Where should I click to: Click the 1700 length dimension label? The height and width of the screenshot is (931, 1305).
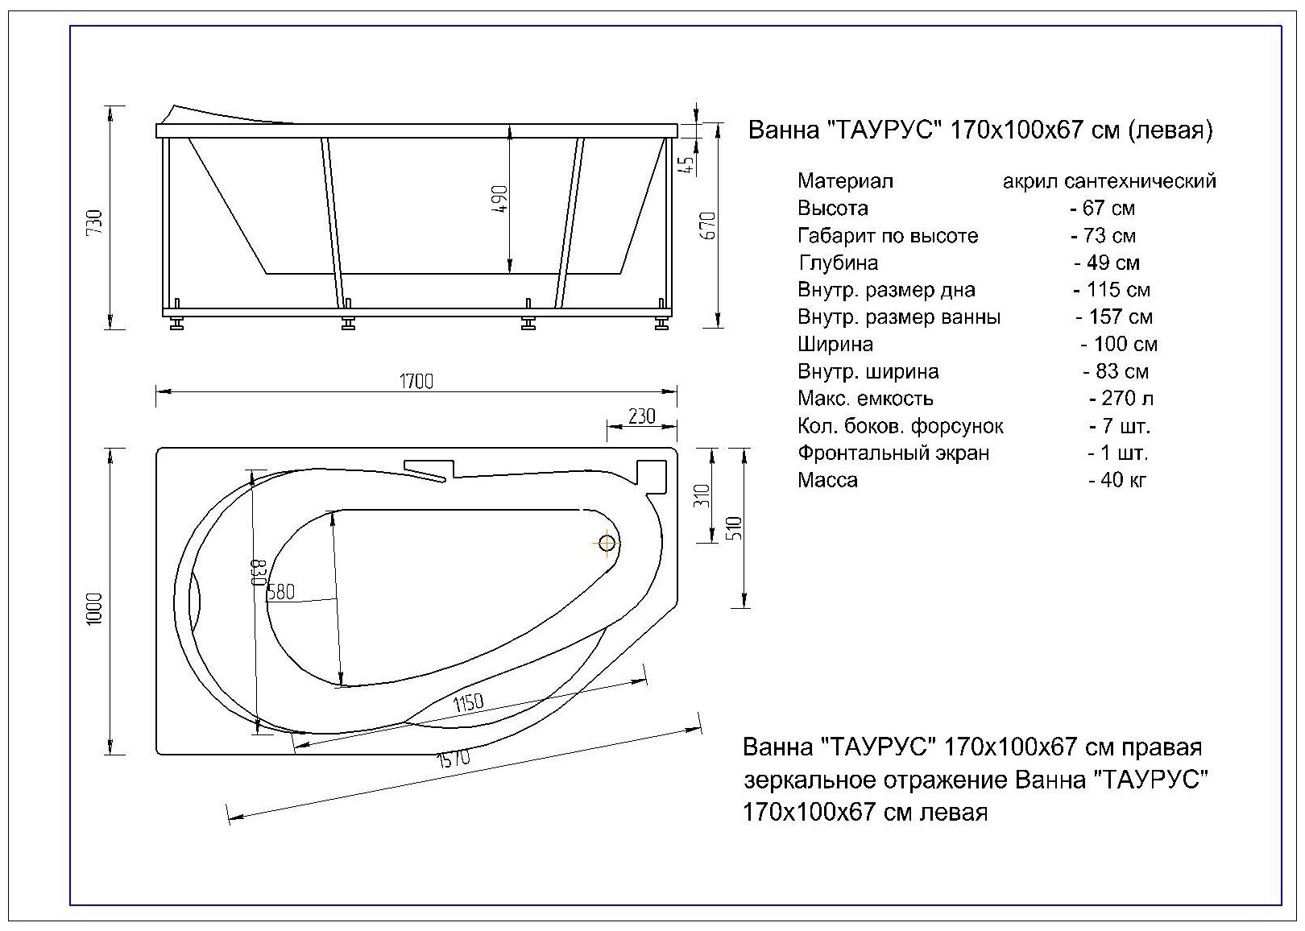[x=416, y=381]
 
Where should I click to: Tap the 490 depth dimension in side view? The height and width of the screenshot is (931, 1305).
[x=500, y=199]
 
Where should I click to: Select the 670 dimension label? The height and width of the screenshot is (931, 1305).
[x=709, y=226]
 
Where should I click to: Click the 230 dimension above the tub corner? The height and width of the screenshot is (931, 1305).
[x=641, y=416]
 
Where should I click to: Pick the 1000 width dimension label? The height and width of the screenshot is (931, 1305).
[x=96, y=610]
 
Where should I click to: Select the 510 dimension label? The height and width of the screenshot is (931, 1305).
[x=734, y=528]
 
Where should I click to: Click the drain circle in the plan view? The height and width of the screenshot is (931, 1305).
[x=607, y=544]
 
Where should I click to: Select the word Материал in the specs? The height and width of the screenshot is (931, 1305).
[x=845, y=181]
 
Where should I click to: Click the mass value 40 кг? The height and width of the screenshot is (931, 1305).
[x=1117, y=480]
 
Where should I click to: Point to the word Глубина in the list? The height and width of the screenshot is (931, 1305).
[x=838, y=263]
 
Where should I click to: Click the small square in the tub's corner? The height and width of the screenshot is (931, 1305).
[x=651, y=474]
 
